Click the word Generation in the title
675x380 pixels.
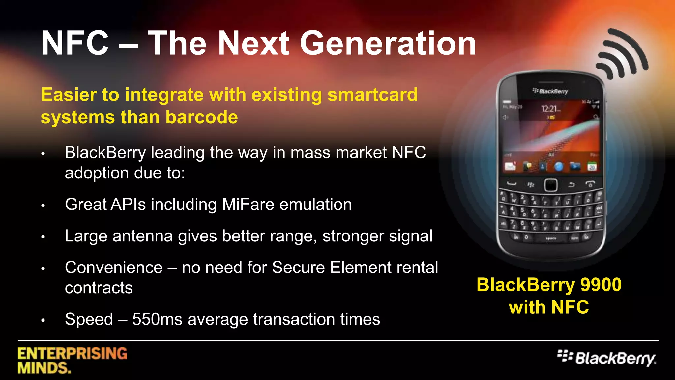pos(388,44)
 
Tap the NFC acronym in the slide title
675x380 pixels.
pos(75,44)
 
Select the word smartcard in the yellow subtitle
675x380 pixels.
pos(372,95)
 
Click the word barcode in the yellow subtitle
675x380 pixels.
pos(202,117)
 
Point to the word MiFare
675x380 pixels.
pos(248,204)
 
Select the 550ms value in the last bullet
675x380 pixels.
pos(157,319)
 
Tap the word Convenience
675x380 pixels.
pos(114,268)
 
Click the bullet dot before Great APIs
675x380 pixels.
pos(43,206)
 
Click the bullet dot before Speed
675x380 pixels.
pos(43,320)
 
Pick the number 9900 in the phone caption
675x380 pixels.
pos(601,285)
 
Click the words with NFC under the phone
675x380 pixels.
pos(549,307)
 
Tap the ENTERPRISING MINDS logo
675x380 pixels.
pos(72,360)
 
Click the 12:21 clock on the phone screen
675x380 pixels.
pos(549,109)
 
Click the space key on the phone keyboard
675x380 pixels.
pos(551,238)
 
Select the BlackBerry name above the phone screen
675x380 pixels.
pos(551,91)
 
